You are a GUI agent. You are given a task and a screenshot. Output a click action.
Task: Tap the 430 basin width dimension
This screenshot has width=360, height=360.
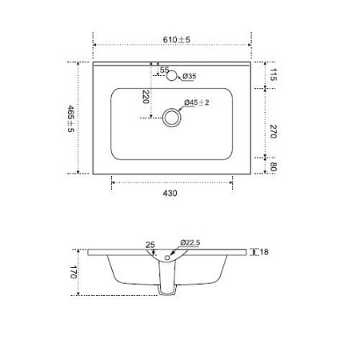[x=170, y=192]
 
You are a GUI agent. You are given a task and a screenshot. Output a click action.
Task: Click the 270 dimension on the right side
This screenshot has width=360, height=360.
[x=273, y=131]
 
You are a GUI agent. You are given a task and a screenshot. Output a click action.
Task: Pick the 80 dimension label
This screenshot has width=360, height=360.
[x=273, y=168]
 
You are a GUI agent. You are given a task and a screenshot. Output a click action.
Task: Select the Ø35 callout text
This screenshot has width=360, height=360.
[x=190, y=76]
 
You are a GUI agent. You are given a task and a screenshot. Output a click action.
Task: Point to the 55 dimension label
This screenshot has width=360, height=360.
[x=165, y=71]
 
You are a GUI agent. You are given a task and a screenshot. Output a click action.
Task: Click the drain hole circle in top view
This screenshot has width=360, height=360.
[x=170, y=118]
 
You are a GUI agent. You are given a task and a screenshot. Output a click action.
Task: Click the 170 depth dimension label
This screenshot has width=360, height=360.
[x=72, y=272]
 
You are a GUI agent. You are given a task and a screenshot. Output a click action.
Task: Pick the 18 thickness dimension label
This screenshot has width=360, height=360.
[x=264, y=253]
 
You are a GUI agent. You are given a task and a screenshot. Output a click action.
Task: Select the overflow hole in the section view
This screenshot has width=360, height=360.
[x=167, y=258]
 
